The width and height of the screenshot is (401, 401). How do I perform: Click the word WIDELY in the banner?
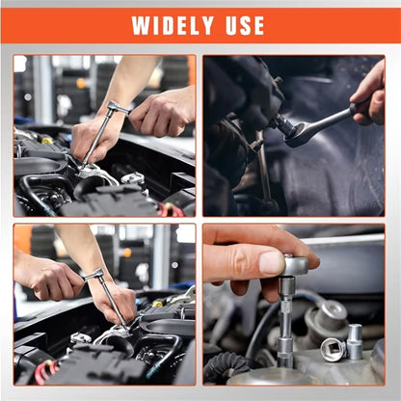(174, 26)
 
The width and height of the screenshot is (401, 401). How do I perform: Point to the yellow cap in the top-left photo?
(46, 141)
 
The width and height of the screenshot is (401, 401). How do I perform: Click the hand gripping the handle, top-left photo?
(162, 113)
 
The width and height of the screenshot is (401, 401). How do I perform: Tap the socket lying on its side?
(334, 349)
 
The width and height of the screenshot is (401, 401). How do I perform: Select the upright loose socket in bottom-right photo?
(355, 340)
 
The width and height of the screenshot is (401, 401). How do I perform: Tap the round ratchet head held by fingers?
(295, 264)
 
